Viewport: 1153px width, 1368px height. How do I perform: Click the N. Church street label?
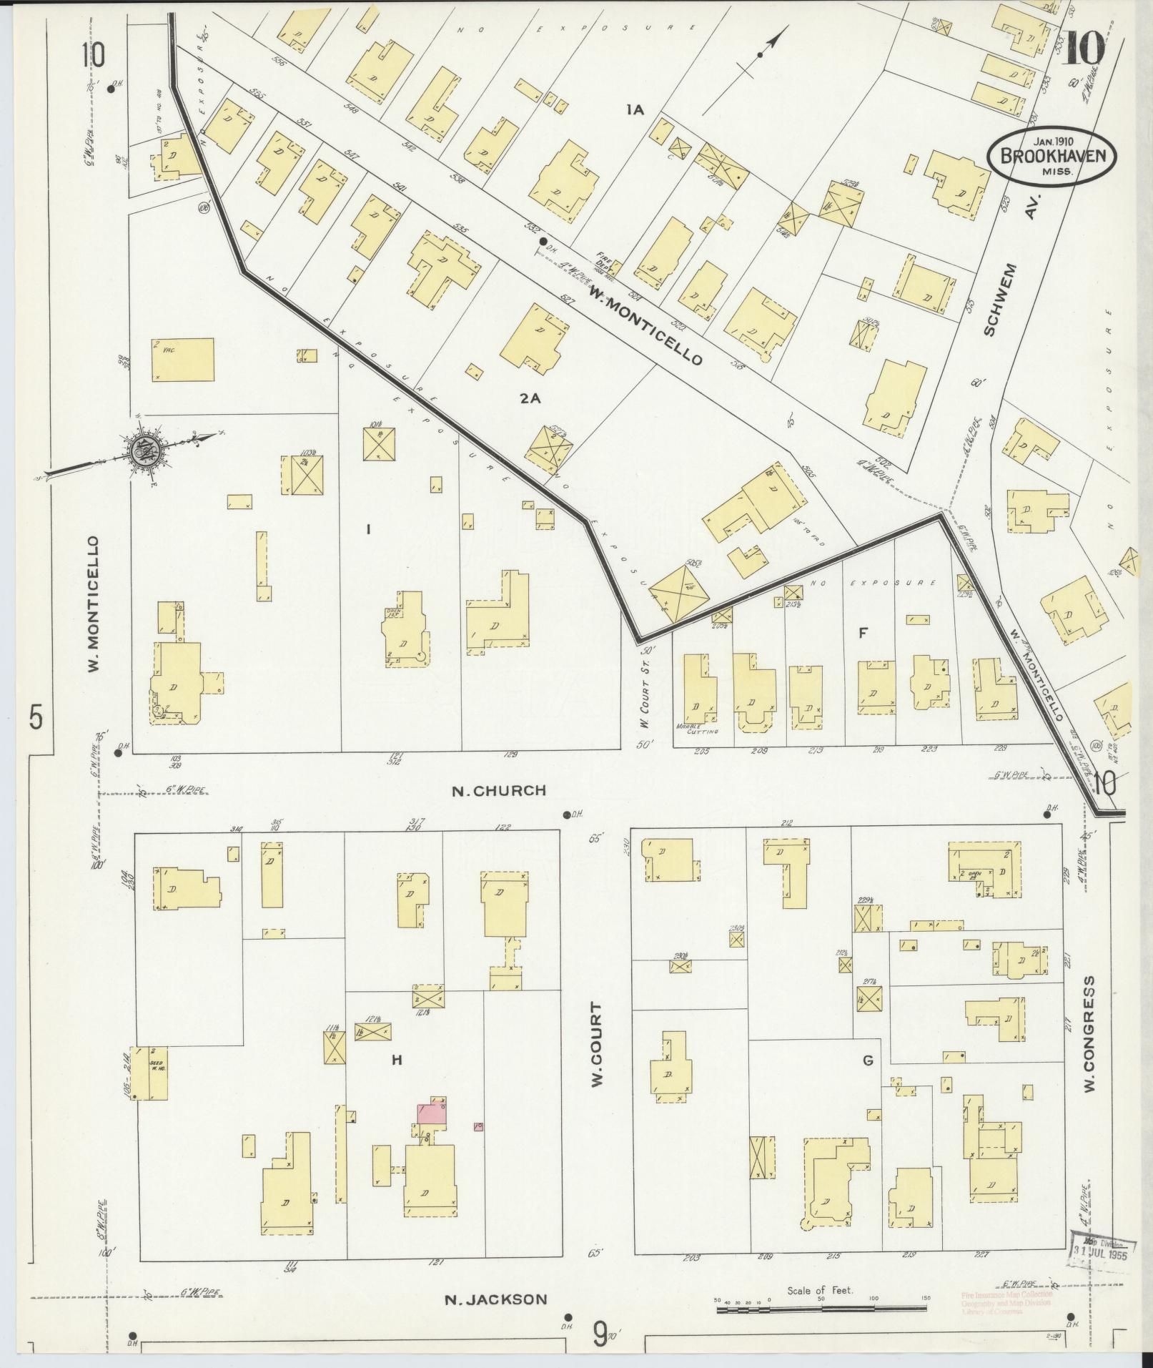coord(499,791)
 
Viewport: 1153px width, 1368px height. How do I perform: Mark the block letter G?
coord(868,1061)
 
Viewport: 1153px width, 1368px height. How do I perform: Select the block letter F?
coord(863,633)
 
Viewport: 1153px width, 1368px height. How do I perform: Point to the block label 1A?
coord(635,109)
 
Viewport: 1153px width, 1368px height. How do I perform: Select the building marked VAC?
coord(182,360)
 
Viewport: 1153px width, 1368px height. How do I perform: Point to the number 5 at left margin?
coord(36,716)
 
